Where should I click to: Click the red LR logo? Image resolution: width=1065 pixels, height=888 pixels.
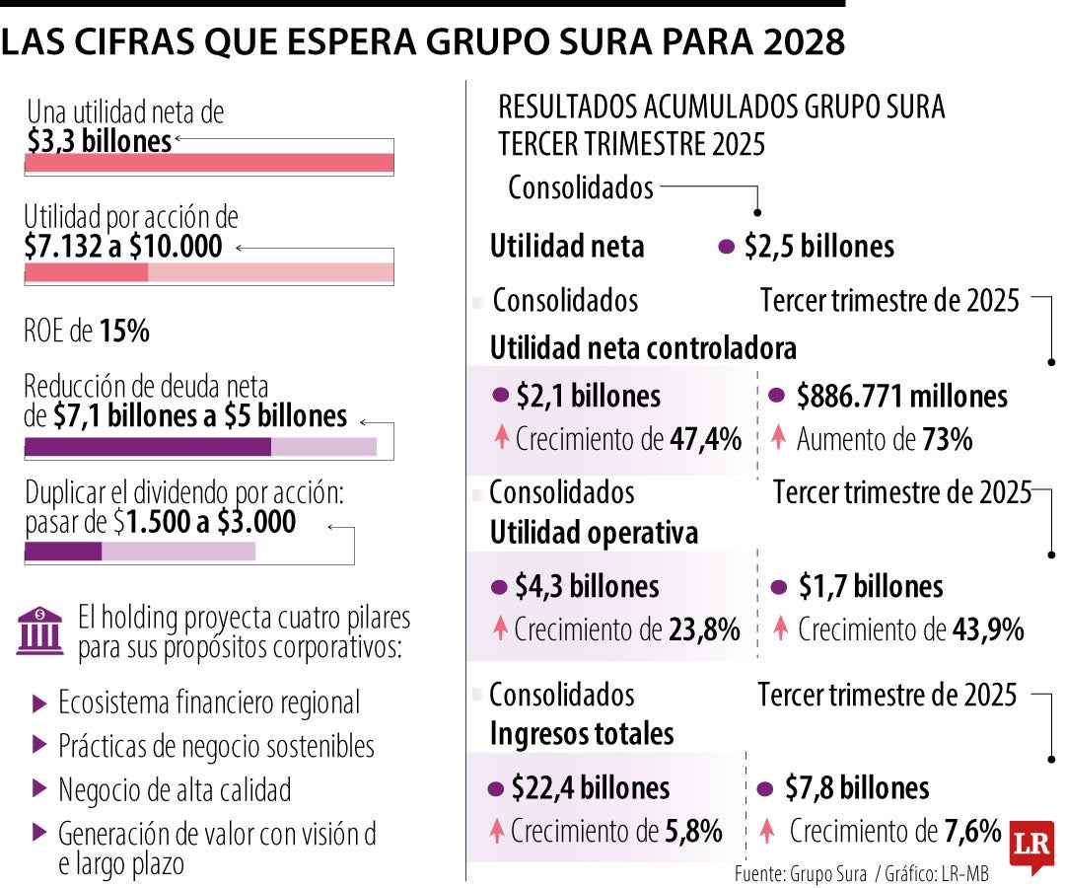point(1031,846)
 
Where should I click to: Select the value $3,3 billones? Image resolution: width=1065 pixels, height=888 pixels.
point(98,141)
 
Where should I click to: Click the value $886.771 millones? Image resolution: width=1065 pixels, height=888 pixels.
point(901,397)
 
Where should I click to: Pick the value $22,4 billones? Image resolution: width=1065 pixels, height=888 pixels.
point(590,788)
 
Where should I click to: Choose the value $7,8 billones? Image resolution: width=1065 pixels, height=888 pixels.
point(856,788)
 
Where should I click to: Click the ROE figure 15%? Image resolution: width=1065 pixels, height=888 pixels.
point(124,333)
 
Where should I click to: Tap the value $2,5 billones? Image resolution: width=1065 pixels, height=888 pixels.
point(818,247)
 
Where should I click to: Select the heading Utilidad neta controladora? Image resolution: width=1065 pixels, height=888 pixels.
point(643,348)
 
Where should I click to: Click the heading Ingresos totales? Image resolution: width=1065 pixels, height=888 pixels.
point(582,734)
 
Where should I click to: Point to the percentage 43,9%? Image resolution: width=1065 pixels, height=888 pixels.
point(988,629)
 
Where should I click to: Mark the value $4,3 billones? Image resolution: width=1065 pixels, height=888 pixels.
point(586,587)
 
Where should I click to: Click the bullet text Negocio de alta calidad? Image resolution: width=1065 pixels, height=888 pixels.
point(175,790)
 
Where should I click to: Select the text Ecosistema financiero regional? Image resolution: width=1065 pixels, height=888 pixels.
point(209,703)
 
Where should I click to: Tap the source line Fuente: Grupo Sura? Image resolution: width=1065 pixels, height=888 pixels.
point(800,874)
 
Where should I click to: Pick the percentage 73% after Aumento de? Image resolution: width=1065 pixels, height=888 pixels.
point(947,440)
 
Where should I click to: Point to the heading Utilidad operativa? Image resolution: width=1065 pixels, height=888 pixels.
point(594,533)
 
